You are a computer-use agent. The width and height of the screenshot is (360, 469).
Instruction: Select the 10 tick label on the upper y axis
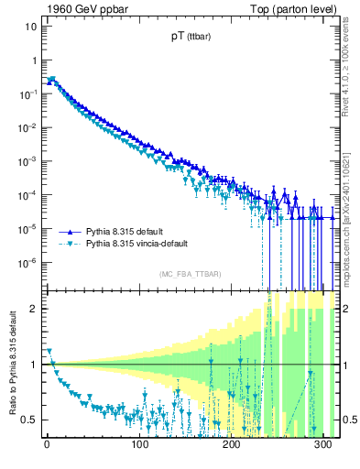click(29, 26)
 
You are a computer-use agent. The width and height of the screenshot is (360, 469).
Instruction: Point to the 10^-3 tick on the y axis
click(27, 161)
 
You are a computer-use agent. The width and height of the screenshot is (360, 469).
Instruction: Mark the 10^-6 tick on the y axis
click(27, 263)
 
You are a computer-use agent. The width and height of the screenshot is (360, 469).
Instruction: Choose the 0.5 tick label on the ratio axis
click(28, 420)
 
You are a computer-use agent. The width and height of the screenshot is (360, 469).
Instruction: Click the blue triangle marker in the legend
click(67, 232)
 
